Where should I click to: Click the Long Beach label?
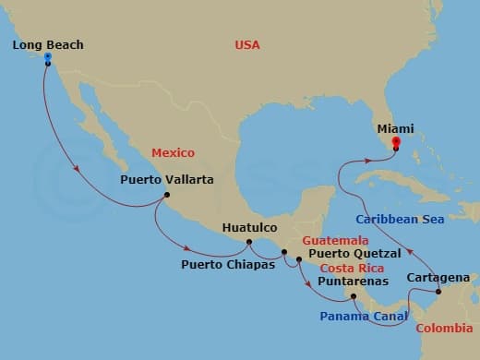coord(49,44)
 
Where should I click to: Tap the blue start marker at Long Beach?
coord(47,57)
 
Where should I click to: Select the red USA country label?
coord(248,44)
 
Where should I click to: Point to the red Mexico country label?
coord(174,152)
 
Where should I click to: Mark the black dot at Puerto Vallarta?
coord(166,195)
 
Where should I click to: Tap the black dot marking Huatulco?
coord(247,242)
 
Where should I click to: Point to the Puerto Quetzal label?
coord(354,253)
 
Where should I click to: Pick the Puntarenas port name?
coord(353,281)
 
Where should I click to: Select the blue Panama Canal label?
coord(363,317)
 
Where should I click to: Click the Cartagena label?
coord(438,277)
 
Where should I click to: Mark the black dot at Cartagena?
coord(438,293)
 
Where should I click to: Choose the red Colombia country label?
coord(444,328)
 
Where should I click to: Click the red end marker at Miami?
coord(395,142)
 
